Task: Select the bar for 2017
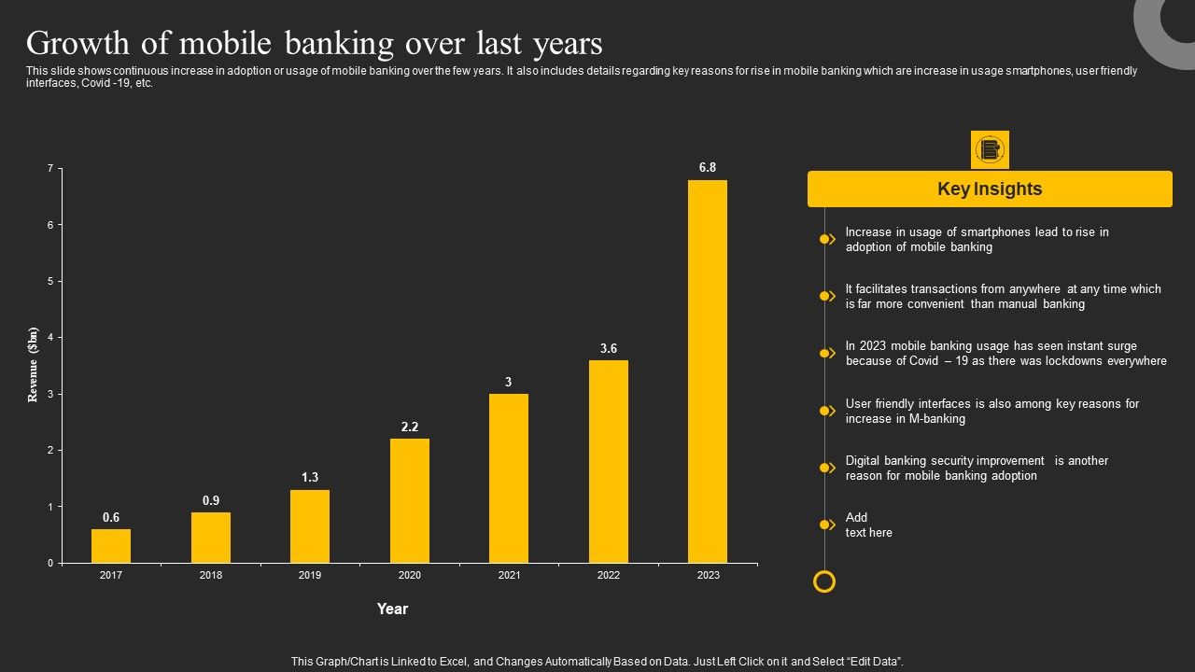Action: pos(111,546)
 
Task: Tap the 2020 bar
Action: pos(410,500)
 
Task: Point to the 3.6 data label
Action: pos(609,349)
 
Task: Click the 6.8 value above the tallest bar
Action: pos(708,168)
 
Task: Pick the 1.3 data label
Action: pos(310,478)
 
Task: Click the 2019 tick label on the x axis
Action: pos(310,575)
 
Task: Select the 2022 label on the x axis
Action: pos(609,575)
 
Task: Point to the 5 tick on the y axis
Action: pos(50,281)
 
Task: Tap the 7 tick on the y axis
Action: pos(50,168)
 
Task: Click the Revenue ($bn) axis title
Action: pos(34,365)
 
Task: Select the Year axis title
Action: pos(392,609)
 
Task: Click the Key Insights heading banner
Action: pos(990,189)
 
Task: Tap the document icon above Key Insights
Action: pos(990,149)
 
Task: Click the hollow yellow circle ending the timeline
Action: pos(824,582)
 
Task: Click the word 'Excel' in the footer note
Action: pos(448,661)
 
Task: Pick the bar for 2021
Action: pos(509,478)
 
